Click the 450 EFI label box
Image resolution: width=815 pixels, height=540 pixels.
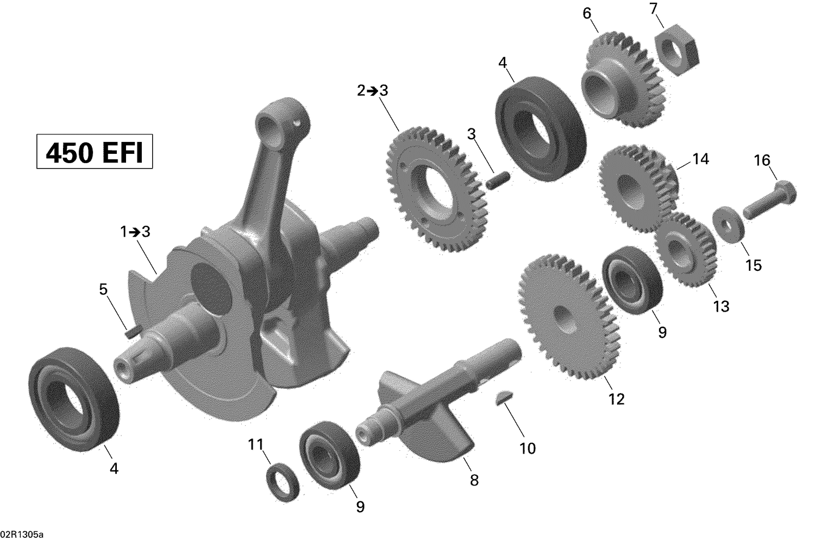[95, 152]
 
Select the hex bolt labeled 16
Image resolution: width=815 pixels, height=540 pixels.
[769, 201]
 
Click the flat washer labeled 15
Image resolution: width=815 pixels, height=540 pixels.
[725, 222]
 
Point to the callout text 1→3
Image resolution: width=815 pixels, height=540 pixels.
[135, 232]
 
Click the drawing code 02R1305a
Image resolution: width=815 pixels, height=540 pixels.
[22, 533]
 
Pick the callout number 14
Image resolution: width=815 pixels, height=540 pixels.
[700, 159]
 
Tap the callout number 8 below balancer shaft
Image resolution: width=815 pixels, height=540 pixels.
[474, 480]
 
